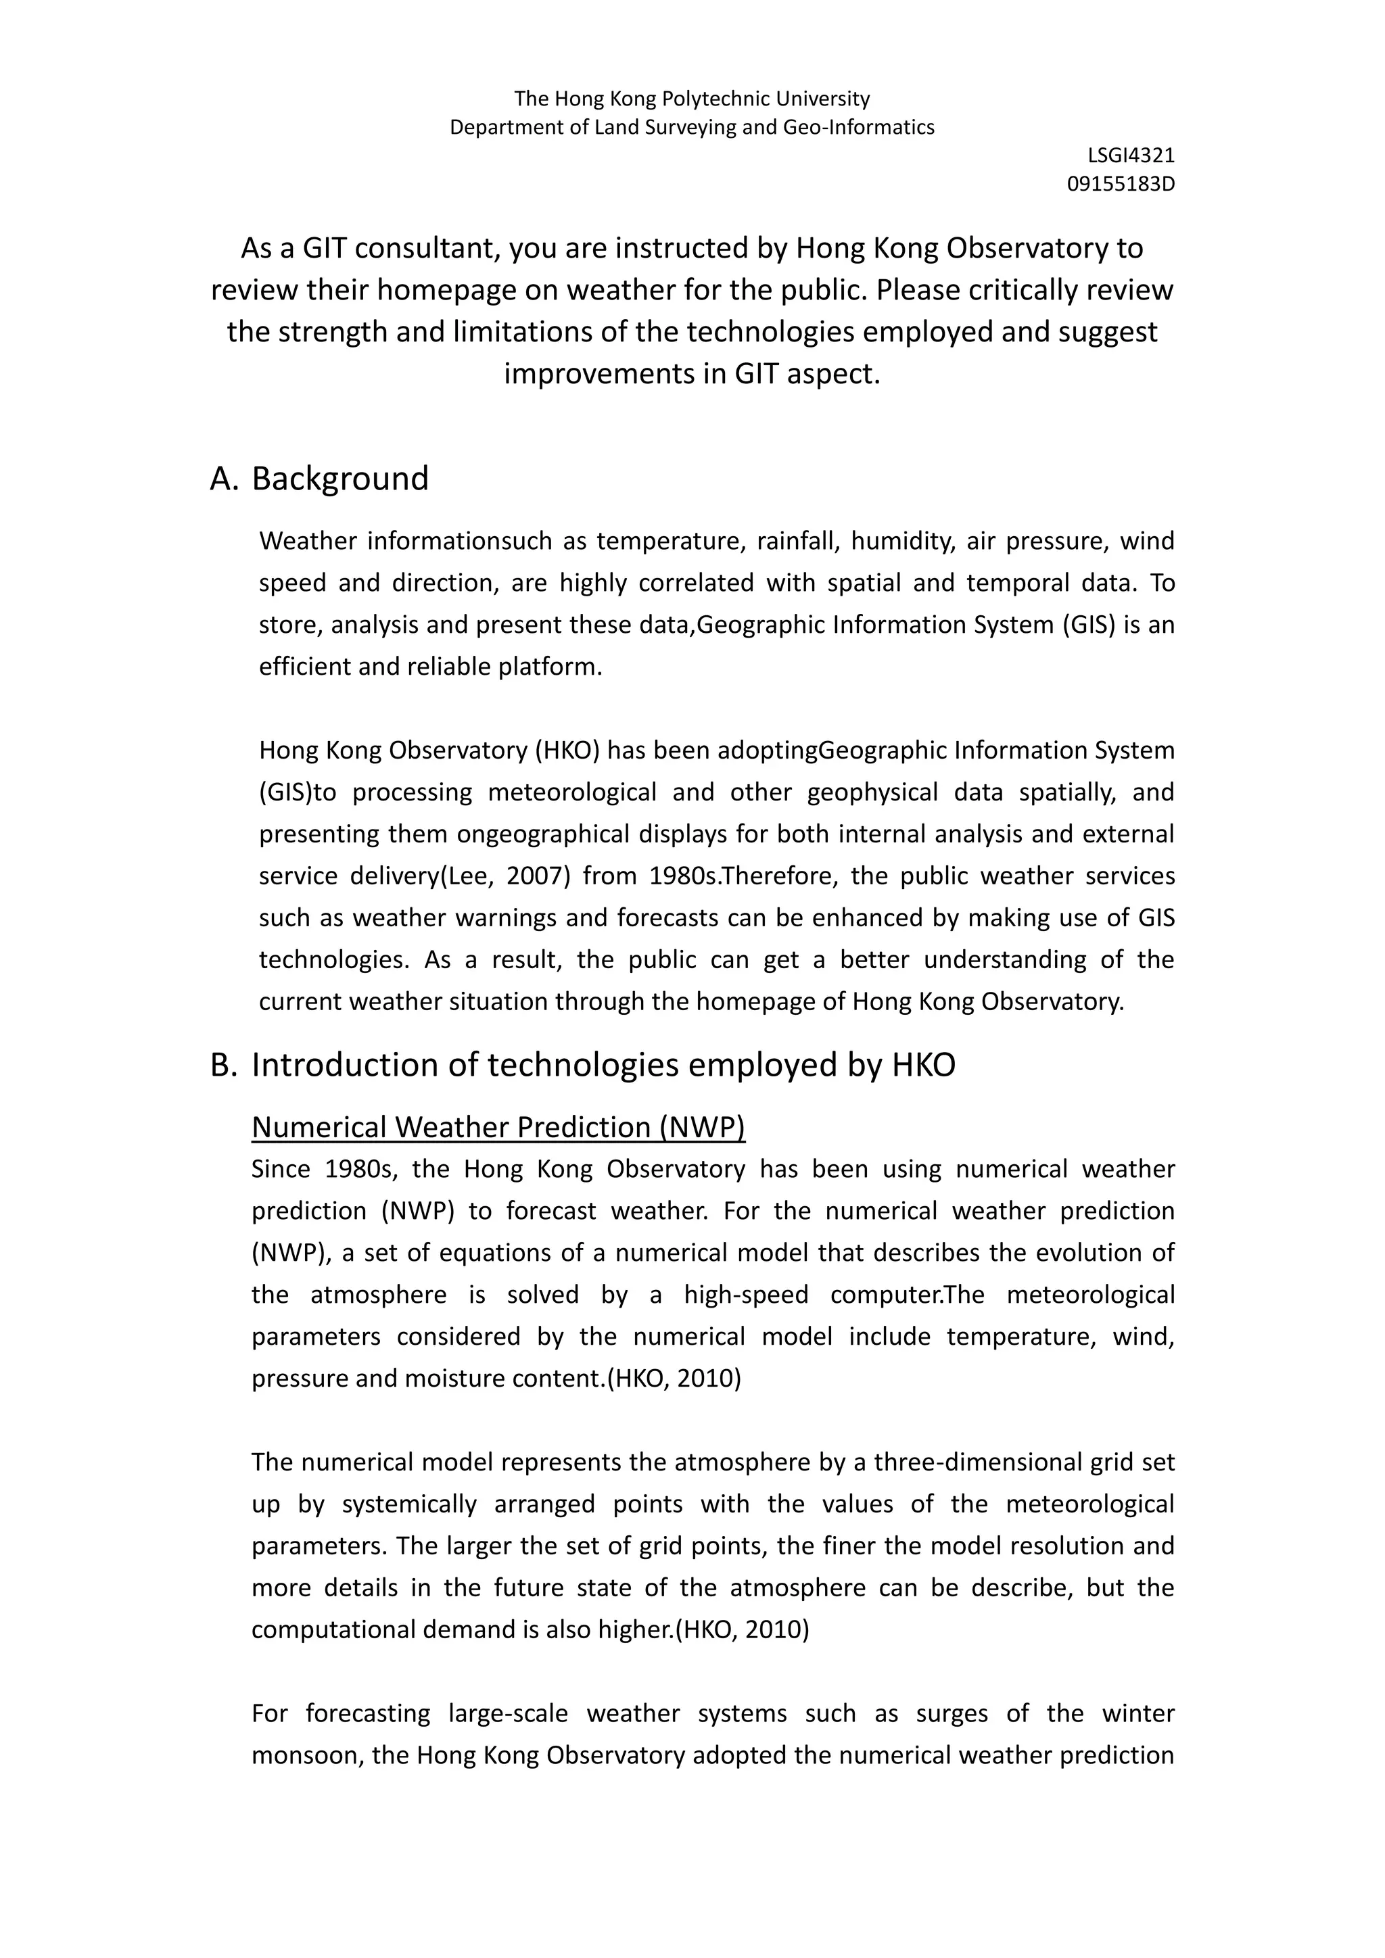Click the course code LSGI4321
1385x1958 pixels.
pos(1131,156)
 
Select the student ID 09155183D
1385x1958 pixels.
pos(1121,184)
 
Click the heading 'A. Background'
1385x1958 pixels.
pos(319,479)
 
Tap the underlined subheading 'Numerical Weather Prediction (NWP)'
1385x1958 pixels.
pos(498,1127)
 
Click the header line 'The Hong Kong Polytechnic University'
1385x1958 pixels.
pos(692,99)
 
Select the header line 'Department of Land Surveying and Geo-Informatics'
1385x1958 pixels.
pos(692,128)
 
